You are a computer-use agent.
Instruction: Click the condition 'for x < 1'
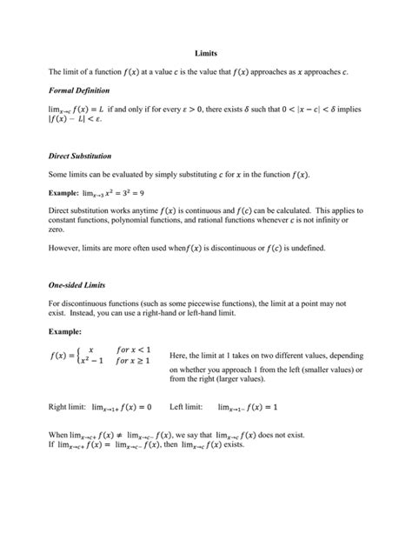(x=136, y=348)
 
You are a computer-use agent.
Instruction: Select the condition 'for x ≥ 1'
(x=136, y=361)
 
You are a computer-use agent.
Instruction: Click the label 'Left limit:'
(x=186, y=406)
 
